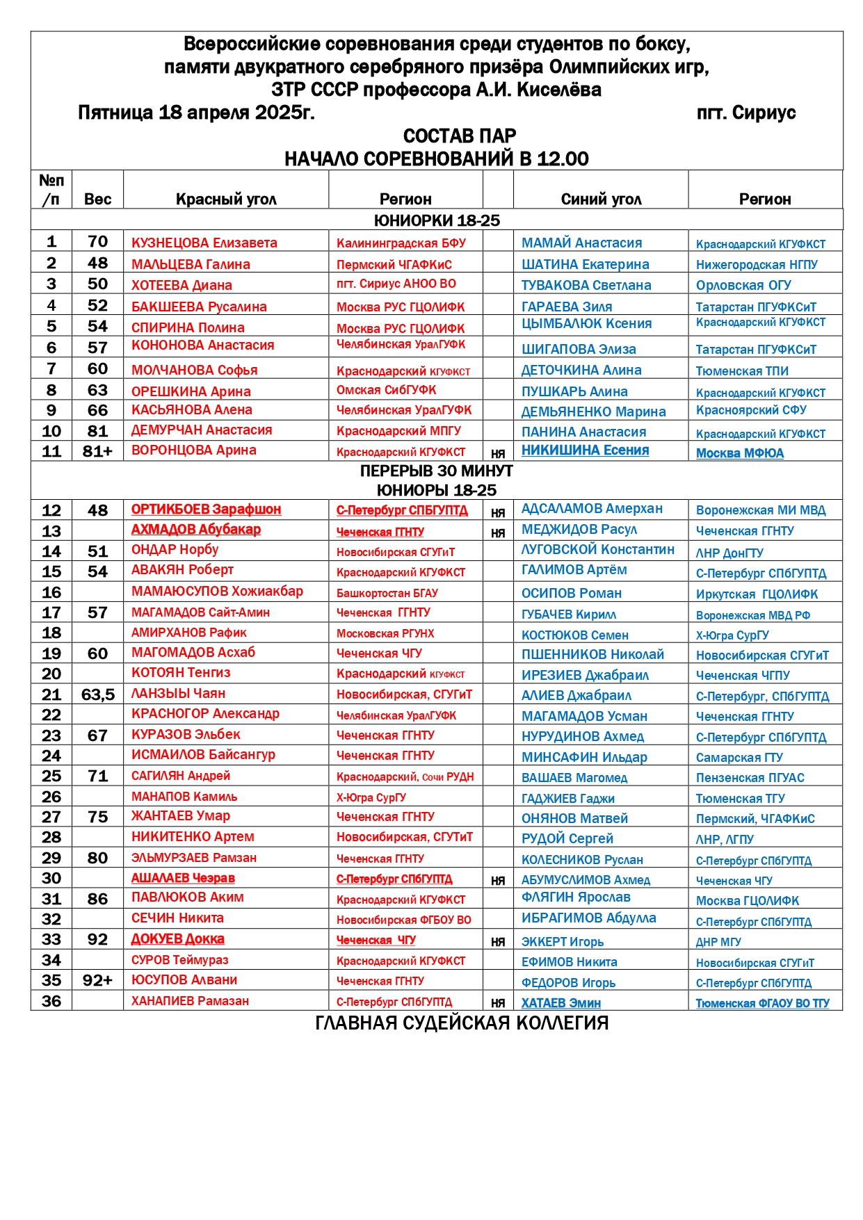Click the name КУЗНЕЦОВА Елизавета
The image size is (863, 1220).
click(x=204, y=243)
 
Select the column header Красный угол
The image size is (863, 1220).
click(x=226, y=200)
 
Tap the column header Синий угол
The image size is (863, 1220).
click(x=601, y=200)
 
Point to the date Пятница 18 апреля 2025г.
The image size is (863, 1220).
click(x=196, y=113)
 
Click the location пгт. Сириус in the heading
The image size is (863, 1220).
click(x=745, y=113)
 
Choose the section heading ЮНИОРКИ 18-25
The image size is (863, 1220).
click(x=437, y=220)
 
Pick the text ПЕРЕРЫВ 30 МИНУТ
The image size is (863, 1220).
click(x=437, y=471)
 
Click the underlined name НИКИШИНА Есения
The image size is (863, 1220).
click(x=585, y=450)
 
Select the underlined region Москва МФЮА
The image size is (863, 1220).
click(x=739, y=453)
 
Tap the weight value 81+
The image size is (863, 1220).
click(x=97, y=451)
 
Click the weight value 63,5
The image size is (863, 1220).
click(x=97, y=694)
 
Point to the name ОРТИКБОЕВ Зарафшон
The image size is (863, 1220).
click(x=206, y=509)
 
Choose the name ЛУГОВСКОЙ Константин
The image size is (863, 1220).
click(x=597, y=549)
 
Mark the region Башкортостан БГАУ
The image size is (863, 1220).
click(x=387, y=593)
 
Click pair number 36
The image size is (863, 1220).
click(x=51, y=1001)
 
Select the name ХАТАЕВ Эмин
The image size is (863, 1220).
click(x=560, y=1003)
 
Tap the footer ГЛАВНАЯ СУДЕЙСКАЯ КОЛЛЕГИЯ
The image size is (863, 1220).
click(x=462, y=1023)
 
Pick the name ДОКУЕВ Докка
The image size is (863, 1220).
click(x=177, y=939)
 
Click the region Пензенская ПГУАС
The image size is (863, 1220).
click(x=750, y=777)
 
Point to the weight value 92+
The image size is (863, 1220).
click(x=97, y=980)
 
